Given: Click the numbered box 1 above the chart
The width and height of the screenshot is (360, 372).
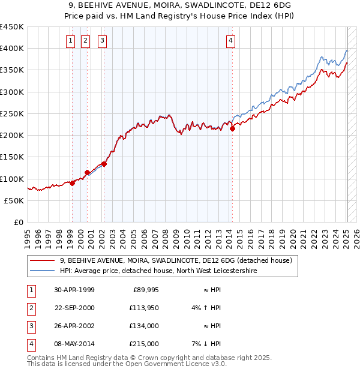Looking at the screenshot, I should pyautogui.click(x=71, y=41).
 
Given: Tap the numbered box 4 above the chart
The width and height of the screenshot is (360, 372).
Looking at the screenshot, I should pyautogui.click(x=230, y=41).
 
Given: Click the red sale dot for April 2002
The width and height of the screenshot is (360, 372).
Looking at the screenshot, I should pyautogui.click(x=104, y=163).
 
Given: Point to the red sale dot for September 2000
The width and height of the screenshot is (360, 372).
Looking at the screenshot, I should pyautogui.click(x=87, y=172).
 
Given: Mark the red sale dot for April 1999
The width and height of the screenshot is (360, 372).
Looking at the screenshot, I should pyautogui.click(x=72, y=183).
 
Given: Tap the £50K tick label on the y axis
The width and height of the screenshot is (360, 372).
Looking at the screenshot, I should pyautogui.click(x=14, y=200).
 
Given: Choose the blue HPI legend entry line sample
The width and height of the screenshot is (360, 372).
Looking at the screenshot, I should pyautogui.click(x=42, y=271).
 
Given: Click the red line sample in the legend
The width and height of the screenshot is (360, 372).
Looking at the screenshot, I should pyautogui.click(x=42, y=260).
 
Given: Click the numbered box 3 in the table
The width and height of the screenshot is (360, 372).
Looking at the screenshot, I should pyautogui.click(x=31, y=326).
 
